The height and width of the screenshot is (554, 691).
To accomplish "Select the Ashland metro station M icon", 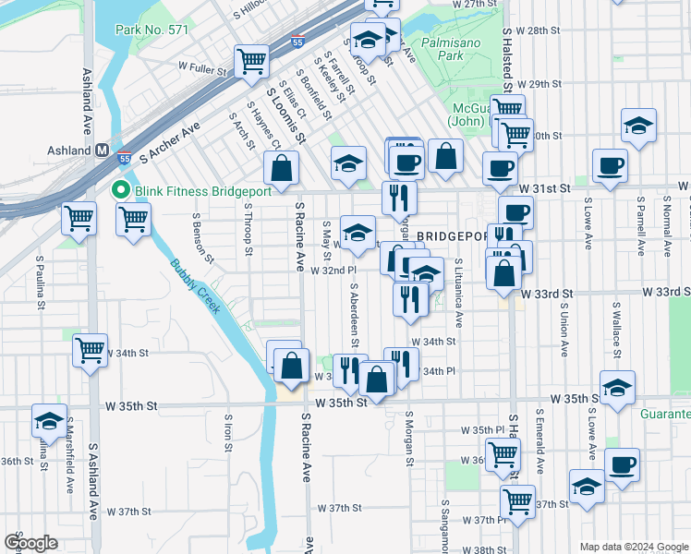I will click(102, 151).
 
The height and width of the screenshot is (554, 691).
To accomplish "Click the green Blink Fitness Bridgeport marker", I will click(118, 191).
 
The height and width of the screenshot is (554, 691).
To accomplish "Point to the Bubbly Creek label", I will click(195, 286).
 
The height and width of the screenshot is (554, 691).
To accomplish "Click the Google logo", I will click(30, 543).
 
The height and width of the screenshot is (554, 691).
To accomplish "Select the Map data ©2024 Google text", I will click(633, 547).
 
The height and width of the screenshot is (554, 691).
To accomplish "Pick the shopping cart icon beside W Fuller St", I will click(251, 61).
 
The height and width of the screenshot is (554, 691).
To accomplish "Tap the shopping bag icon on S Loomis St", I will click(281, 168).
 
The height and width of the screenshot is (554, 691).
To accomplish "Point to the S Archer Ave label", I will click(170, 143).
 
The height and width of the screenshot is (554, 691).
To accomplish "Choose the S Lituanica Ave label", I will click(458, 292).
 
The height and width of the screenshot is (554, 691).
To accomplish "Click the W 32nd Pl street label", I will click(333, 271).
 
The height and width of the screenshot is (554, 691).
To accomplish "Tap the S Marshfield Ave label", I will click(70, 467).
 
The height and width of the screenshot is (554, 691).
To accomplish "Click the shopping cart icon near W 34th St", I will click(91, 349).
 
